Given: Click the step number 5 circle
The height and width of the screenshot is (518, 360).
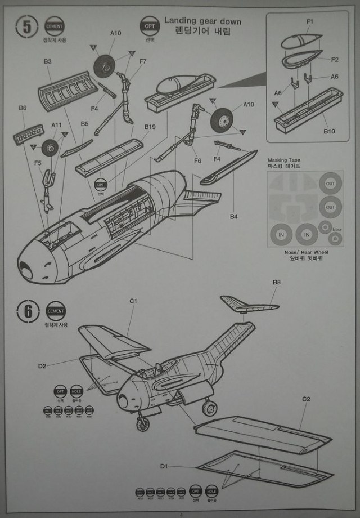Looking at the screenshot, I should pyautogui.click(x=27, y=27).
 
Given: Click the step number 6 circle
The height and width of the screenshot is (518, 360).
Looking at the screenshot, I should pyautogui.click(x=27, y=312).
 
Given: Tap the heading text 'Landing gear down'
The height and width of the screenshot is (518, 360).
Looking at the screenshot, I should pyautogui.click(x=202, y=21).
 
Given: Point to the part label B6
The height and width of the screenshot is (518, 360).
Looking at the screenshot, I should pyautogui.click(x=22, y=108).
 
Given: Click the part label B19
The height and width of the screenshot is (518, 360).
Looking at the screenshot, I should pyautogui.click(x=150, y=127).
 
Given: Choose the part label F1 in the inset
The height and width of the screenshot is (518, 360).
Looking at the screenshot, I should pyautogui.click(x=310, y=21).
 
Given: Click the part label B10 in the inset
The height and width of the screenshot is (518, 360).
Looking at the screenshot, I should pyautogui.click(x=329, y=131).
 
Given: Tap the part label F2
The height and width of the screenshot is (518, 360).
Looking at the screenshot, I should pyautogui.click(x=335, y=59).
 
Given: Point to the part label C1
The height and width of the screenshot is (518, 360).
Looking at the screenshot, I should pyautogui.click(x=133, y=301).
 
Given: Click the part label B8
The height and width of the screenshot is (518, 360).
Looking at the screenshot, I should pyautogui.click(x=276, y=282).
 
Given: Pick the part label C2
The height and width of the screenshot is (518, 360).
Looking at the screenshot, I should pyautogui.click(x=306, y=399).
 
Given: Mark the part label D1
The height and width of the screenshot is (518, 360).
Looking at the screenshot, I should pyautogui.click(x=164, y=466).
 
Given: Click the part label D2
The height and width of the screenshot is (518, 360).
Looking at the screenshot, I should pyautogui.click(x=42, y=367).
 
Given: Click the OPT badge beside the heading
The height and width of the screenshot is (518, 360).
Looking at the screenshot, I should pyautogui.click(x=149, y=26).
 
